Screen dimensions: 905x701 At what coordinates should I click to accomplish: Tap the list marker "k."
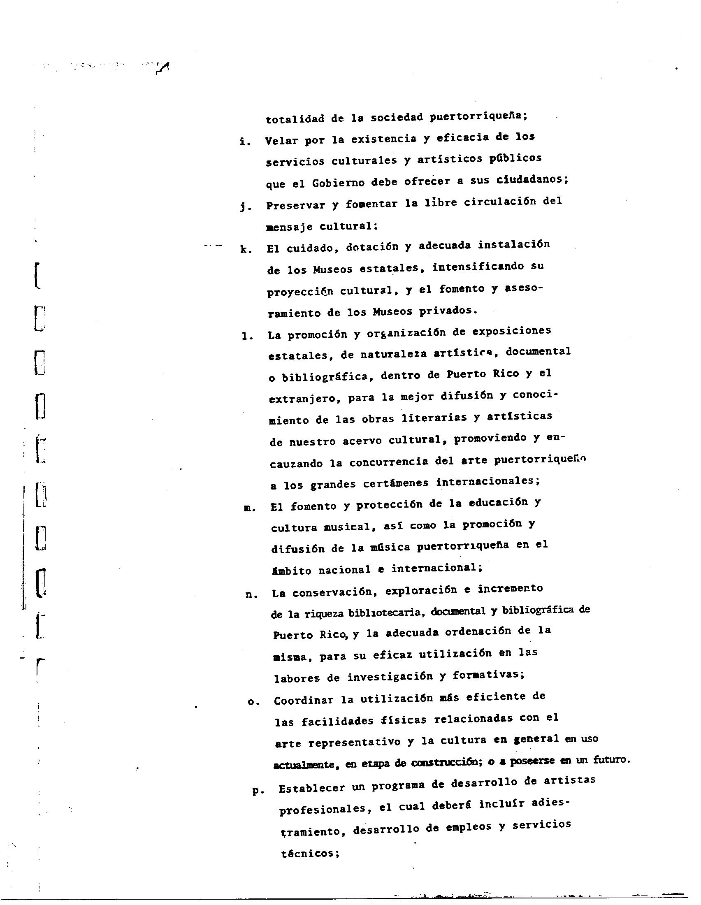click(x=246, y=249)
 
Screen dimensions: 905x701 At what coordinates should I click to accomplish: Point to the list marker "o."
click(x=253, y=702)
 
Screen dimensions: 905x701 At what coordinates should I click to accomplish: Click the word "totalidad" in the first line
click(x=295, y=119)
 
